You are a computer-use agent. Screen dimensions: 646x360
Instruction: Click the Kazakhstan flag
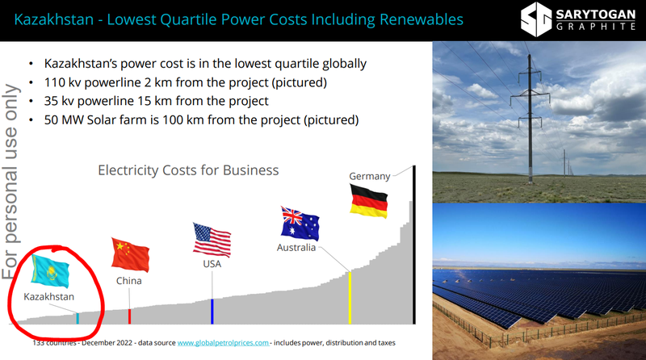pyautogui.click(x=50, y=270)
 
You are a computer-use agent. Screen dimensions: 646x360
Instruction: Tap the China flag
pyautogui.click(x=130, y=254)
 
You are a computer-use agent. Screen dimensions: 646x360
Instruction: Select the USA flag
pyautogui.click(x=212, y=241)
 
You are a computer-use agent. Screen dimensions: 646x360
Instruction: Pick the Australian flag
pyautogui.click(x=300, y=224)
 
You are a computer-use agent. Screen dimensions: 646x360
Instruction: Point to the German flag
pyautogui.click(x=369, y=201)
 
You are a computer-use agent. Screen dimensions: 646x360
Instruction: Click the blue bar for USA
pyautogui.click(x=212, y=312)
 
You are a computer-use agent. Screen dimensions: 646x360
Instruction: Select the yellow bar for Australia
pyautogui.click(x=350, y=298)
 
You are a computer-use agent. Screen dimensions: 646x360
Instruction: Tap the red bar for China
pyautogui.click(x=129, y=316)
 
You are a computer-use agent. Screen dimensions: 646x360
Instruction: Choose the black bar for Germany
pyautogui.click(x=414, y=245)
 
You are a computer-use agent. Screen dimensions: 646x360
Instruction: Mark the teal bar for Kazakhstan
pyautogui.click(x=78, y=318)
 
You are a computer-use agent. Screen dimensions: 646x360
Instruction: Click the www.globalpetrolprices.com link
pyautogui.click(x=223, y=343)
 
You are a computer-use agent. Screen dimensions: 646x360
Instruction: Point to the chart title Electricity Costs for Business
pyautogui.click(x=188, y=170)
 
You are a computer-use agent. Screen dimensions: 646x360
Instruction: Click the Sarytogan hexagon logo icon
pyautogui.click(x=536, y=19)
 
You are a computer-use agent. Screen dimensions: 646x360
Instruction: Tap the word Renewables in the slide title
pyautogui.click(x=422, y=19)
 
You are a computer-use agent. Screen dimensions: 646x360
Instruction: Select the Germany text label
pyautogui.click(x=370, y=176)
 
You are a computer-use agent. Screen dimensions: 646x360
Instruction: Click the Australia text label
pyautogui.click(x=296, y=248)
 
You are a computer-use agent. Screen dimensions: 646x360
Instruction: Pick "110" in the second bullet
pyautogui.click(x=54, y=82)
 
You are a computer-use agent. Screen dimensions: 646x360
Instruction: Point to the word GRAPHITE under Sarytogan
pyautogui.click(x=596, y=27)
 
